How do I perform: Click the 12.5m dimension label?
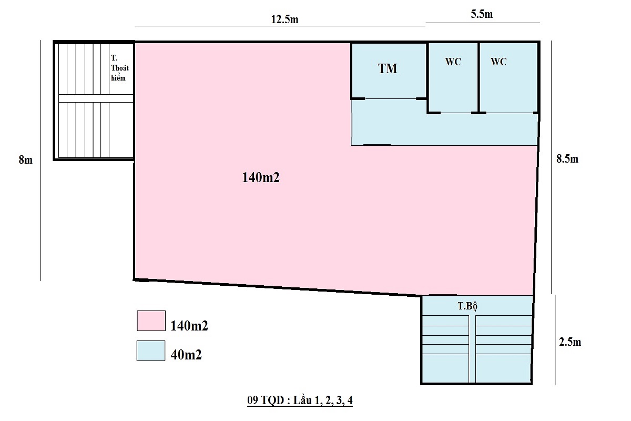284,19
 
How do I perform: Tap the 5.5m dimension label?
482,15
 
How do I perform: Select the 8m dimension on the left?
25,160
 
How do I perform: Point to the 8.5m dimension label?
567,159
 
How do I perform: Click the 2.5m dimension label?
569,342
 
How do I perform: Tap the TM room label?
388,68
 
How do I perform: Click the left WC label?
453,62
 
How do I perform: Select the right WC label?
498,62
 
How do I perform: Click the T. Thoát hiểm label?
120,67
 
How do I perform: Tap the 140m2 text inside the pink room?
260,178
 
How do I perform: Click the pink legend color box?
151,320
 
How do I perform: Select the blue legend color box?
151,351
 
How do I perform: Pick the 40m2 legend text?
186,355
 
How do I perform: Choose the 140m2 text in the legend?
189,326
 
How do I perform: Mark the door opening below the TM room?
389,98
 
